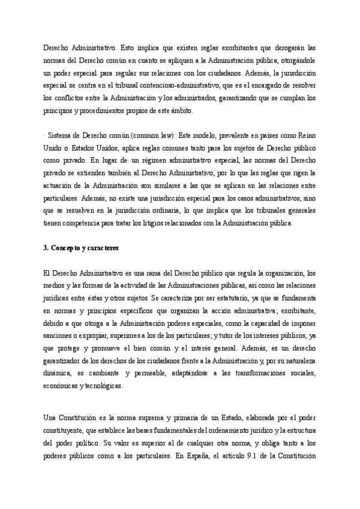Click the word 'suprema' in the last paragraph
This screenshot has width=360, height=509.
pos(150,418)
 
